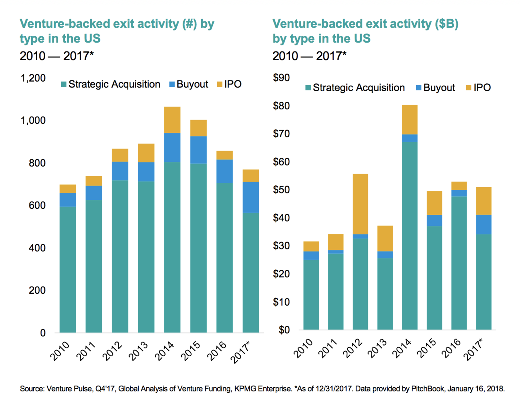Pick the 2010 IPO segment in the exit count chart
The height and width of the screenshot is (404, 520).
[68, 189]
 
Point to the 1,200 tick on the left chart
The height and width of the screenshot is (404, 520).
[33, 78]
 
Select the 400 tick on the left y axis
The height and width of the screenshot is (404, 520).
[36, 248]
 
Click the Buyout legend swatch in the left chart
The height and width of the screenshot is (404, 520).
[171, 84]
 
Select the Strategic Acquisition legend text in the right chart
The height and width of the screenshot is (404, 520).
[359, 88]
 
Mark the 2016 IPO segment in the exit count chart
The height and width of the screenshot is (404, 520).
[224, 155]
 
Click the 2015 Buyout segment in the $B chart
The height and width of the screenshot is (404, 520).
[434, 220]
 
